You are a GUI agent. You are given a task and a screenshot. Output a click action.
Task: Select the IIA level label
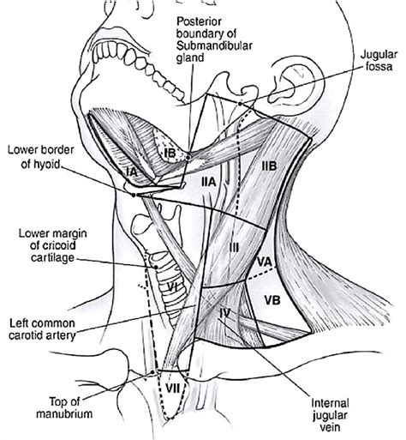(x=208, y=183)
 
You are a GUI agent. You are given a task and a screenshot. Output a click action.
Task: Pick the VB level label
(x=273, y=301)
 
